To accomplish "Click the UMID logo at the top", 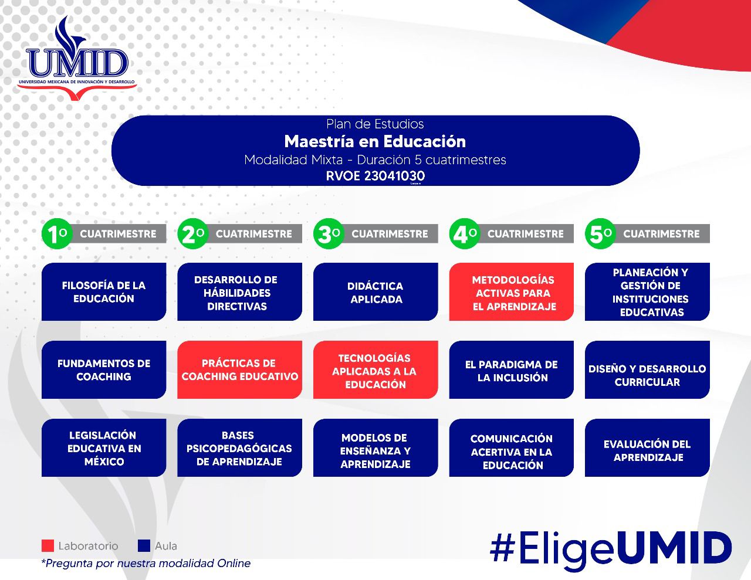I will tap(77, 59).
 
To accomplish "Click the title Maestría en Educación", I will tap(375, 141).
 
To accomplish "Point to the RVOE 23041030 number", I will tap(375, 175).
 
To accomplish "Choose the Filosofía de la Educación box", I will tap(104, 291).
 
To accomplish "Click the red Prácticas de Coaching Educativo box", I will tap(239, 369).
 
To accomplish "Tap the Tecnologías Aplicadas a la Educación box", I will tap(375, 369).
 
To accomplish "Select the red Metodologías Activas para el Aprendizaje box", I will tap(511, 291).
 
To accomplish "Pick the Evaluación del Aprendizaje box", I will tap(647, 447).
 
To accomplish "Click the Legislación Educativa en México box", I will tap(104, 447).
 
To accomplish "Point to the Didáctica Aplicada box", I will tap(375, 291).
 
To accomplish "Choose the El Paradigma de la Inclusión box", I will tap(511, 369).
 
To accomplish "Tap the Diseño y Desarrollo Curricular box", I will tap(647, 369).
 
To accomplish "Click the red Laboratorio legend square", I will tap(48, 546).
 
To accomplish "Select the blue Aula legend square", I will tap(144, 546).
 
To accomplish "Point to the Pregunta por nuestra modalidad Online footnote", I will tap(146, 564).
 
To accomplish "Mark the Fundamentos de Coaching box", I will tap(104, 369).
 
